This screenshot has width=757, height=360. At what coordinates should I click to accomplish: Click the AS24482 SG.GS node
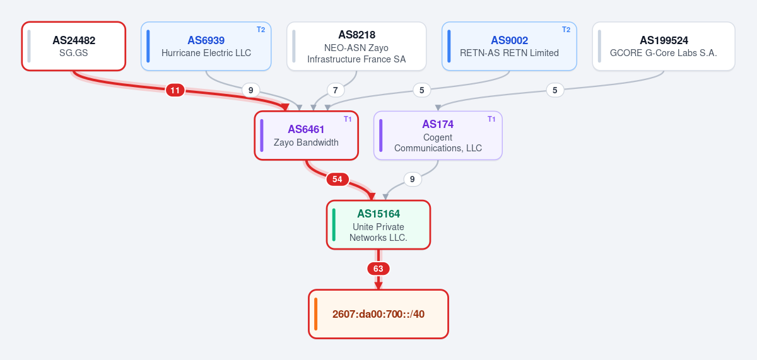74,46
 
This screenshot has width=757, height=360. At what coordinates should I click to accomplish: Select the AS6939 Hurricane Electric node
206,46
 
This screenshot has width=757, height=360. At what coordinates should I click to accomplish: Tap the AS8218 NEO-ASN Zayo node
356,46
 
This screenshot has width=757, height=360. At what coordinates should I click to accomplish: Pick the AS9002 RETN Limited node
509,46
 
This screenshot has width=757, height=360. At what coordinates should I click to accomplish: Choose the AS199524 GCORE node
664,46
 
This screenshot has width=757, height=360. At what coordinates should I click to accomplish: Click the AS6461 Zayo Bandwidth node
306,136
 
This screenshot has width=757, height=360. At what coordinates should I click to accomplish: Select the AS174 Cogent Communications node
438,136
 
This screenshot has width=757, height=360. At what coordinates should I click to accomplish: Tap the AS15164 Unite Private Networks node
378,225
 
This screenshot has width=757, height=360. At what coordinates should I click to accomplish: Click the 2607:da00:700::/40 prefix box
378,314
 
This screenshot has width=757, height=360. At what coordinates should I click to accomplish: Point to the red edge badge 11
175,90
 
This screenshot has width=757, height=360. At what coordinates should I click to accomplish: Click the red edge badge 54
337,179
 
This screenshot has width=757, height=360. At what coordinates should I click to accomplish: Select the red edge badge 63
378,269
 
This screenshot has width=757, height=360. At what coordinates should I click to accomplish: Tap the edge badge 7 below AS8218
335,90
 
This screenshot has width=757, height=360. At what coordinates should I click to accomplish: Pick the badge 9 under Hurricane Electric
251,90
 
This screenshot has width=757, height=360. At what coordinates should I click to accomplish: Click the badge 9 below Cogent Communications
413,179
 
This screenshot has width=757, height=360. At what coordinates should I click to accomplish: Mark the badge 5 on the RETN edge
422,90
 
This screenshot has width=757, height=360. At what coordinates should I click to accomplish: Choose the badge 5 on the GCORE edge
555,90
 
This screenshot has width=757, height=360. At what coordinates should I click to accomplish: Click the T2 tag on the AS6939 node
261,30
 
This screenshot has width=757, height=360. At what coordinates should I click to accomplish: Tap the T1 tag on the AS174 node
491,119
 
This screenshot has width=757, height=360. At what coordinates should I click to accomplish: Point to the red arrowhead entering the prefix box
378,286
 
